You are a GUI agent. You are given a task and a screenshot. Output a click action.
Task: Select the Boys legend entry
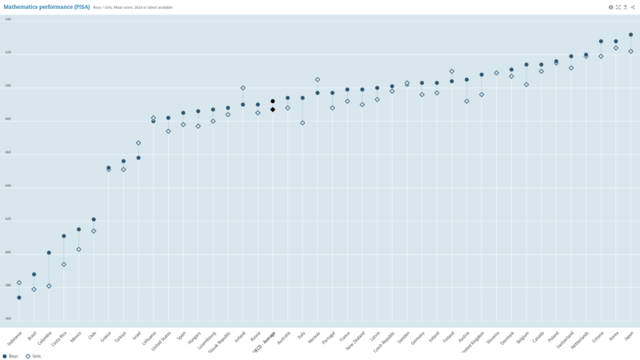[12, 356]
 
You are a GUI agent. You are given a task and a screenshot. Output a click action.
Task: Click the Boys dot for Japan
[630, 34]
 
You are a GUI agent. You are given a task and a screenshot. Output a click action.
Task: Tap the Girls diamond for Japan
[630, 51]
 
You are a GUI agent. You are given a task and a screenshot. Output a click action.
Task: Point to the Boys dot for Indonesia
[19, 298]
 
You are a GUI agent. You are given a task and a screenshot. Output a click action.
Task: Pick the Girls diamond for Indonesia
[19, 282]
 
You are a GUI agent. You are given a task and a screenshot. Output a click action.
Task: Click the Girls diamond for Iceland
[243, 88]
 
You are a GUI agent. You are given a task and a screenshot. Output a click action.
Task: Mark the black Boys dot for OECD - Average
[273, 102]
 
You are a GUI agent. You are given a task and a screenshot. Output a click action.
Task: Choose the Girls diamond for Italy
[302, 122]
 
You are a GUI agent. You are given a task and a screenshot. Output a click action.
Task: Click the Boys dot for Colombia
[49, 253]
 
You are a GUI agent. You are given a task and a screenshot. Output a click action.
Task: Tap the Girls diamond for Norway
[318, 79]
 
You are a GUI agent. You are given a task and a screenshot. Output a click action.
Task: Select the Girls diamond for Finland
[451, 71]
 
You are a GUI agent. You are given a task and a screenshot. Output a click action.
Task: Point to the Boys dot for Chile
[94, 219]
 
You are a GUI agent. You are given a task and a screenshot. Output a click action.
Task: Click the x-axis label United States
[162, 341]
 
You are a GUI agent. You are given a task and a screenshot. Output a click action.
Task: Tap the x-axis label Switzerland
[566, 339]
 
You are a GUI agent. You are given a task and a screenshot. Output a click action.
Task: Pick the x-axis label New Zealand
[356, 340]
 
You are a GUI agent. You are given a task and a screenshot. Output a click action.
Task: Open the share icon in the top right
[633, 6]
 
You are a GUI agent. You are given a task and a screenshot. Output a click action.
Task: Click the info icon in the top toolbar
[610, 6]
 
